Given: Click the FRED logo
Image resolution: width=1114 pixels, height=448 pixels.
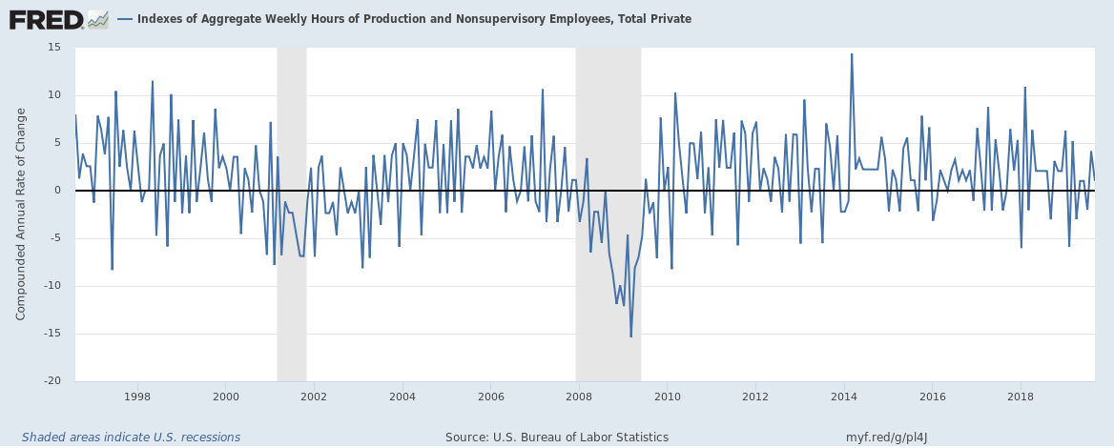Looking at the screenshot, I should point(46,19).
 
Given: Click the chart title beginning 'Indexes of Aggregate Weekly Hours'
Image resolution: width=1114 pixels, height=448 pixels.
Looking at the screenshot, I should point(414,19).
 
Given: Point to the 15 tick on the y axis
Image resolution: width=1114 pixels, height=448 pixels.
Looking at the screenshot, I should point(54,48).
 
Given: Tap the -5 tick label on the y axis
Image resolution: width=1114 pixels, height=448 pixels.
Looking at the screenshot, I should point(55,238).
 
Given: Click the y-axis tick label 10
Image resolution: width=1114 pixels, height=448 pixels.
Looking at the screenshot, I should point(54,95).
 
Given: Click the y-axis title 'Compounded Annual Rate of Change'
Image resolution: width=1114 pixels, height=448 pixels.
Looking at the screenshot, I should point(21,214).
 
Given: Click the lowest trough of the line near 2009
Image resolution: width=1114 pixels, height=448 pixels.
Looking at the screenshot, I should point(630,336).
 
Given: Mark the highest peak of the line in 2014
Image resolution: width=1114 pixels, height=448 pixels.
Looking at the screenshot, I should point(852,54).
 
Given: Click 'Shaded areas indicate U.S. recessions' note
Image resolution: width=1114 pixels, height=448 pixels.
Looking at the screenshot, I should point(131,438).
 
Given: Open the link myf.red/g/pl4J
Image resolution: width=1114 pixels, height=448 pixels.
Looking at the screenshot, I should point(887,438).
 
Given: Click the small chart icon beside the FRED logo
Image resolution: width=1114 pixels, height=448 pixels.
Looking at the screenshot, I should point(98,19).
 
